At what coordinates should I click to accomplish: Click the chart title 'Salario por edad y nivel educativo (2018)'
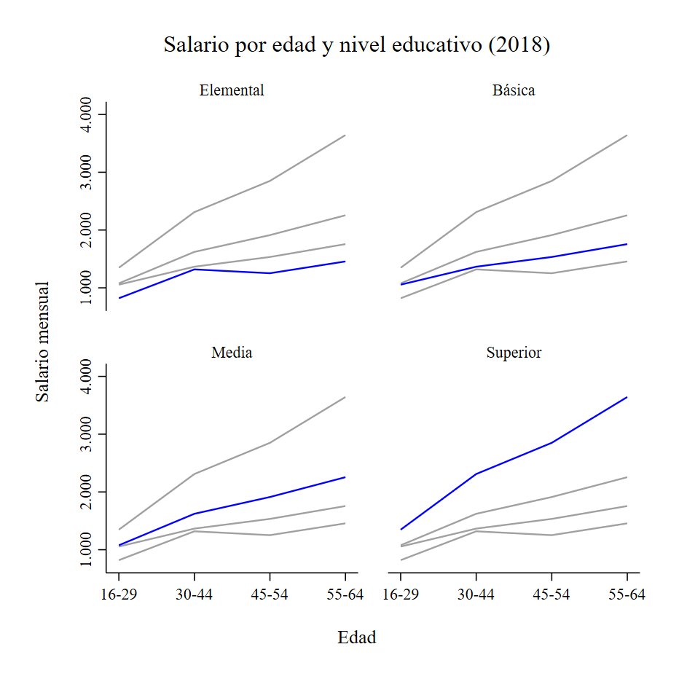(x=356, y=45)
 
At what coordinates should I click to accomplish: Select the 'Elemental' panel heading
(x=232, y=91)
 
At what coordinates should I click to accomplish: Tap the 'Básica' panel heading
(x=514, y=91)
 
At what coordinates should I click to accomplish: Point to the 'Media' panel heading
(x=232, y=353)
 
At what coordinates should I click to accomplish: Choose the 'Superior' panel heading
(x=514, y=353)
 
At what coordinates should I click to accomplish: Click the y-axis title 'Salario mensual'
(x=44, y=342)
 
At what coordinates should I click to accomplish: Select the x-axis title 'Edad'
(x=356, y=638)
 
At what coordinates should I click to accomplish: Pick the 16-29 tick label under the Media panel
(x=118, y=594)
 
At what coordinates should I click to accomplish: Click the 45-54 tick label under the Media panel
(x=270, y=594)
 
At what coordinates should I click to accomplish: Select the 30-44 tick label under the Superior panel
(x=476, y=594)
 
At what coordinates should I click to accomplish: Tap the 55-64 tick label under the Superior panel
(x=627, y=594)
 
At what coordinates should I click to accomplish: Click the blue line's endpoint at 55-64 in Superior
(x=627, y=397)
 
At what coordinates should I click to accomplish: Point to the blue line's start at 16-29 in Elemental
(x=119, y=298)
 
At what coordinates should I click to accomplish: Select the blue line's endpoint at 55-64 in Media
(x=345, y=477)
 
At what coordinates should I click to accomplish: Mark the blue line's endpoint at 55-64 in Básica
(x=627, y=244)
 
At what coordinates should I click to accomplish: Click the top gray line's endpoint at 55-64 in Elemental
(x=345, y=135)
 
